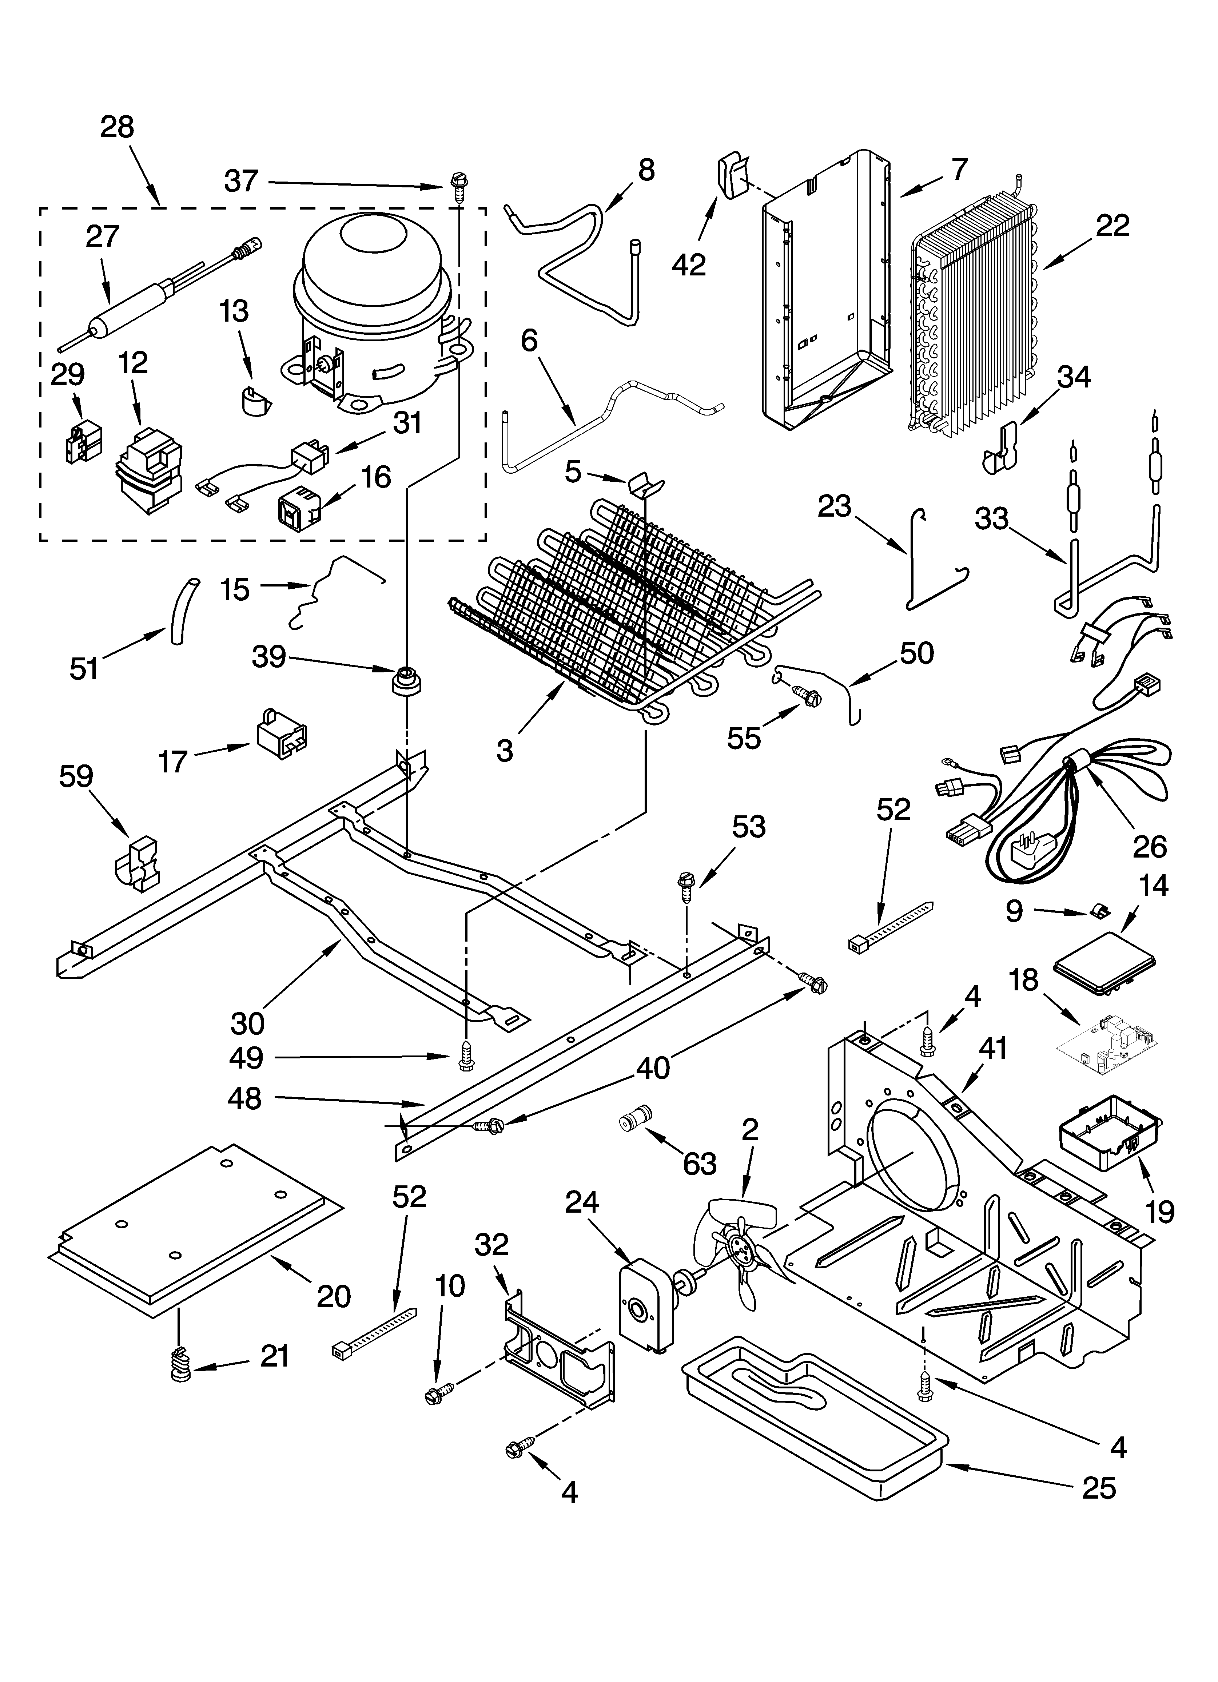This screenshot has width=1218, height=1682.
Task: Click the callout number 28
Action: tap(117, 128)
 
